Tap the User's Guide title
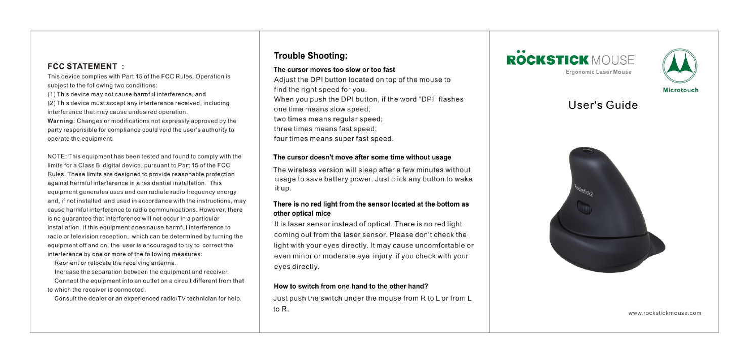pyautogui.click(x=603, y=105)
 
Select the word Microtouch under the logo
pyautogui.click(x=680, y=90)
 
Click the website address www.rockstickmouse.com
pyautogui.click(x=665, y=313)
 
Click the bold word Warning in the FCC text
pyautogui.click(x=61, y=121)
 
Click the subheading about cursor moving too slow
pyautogui.click(x=334, y=69)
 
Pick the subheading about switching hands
pyautogui.click(x=351, y=286)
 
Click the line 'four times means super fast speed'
pyautogui.click(x=334, y=138)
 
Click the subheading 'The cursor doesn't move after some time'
pyautogui.click(x=362, y=157)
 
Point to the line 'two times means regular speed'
pyautogui.click(x=327, y=119)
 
